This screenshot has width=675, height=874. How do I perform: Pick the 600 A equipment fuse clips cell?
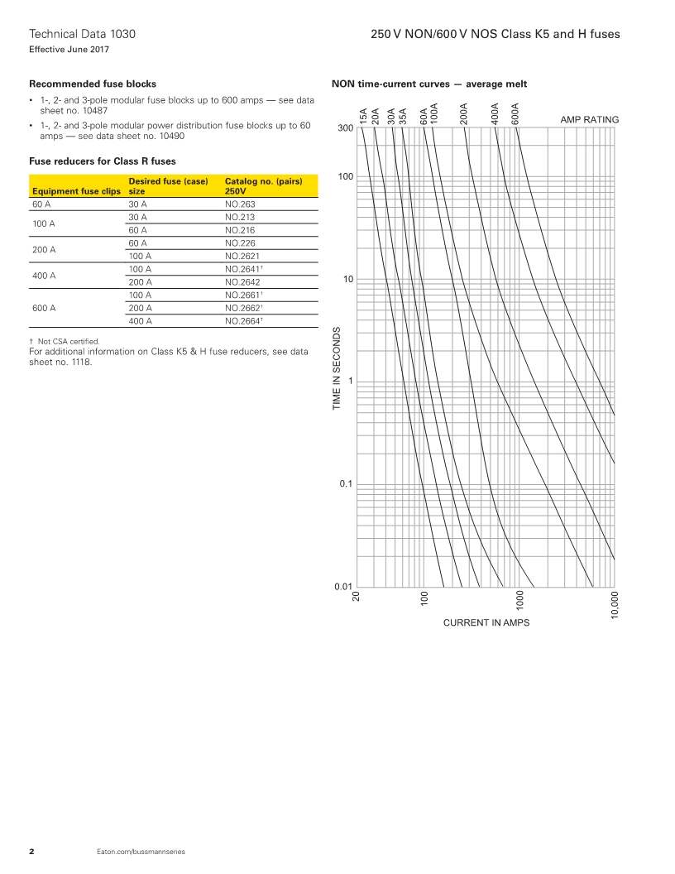[45, 307]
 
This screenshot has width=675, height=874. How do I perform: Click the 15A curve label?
[362, 116]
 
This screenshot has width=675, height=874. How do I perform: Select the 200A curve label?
[464, 113]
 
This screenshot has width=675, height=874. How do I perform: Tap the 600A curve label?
[515, 113]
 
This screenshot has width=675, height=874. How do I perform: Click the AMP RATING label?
[589, 120]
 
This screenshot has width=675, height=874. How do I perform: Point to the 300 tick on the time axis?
[345, 128]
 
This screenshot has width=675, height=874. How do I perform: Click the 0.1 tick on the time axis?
[346, 483]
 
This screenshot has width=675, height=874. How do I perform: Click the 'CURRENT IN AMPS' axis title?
[486, 622]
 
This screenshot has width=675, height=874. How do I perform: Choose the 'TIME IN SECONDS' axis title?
[337, 368]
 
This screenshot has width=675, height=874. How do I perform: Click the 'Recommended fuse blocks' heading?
[93, 84]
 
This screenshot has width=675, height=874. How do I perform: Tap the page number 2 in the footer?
[31, 852]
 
